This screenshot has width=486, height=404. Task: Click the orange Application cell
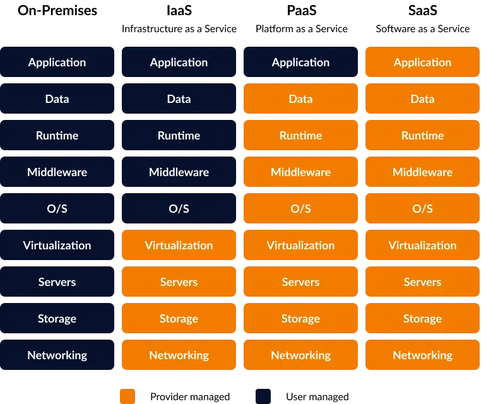(422, 62)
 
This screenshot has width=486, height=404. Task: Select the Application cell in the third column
(300, 62)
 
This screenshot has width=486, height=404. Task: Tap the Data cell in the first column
(57, 98)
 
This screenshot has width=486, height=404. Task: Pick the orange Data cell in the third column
(300, 98)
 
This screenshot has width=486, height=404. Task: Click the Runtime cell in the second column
(179, 135)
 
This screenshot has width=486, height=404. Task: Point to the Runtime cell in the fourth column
(422, 135)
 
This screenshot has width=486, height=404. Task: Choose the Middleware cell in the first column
(57, 172)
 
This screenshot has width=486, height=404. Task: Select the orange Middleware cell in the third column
(300, 172)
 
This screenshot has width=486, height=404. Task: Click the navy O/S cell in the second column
(179, 208)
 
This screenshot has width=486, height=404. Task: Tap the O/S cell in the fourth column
(422, 208)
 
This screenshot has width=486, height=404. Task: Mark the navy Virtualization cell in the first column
(57, 245)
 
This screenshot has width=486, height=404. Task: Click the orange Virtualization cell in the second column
(179, 245)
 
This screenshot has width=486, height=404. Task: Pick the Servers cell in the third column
(300, 282)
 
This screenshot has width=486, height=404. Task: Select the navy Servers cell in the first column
(57, 282)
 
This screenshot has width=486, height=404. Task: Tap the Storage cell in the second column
(179, 318)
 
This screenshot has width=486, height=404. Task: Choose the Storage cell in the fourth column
(422, 318)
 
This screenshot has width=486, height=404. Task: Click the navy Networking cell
(57, 355)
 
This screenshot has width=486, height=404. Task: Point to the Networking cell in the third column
(300, 355)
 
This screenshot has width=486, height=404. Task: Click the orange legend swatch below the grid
(127, 396)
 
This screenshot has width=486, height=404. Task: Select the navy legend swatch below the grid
(263, 396)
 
